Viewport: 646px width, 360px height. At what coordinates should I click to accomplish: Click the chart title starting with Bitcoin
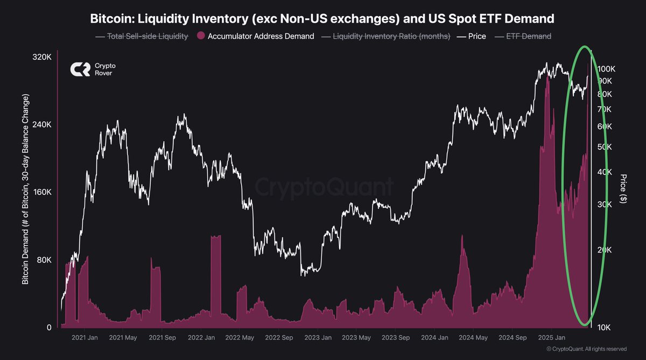tap(323, 19)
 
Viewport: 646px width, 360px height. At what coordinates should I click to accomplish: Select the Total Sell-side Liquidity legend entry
tap(142, 36)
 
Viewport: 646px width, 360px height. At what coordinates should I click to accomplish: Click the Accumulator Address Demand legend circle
tap(201, 36)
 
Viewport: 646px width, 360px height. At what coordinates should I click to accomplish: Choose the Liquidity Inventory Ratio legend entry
tap(385, 36)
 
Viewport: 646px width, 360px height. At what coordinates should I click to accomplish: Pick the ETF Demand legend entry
tap(523, 36)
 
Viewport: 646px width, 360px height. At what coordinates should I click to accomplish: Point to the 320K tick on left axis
tap(41, 57)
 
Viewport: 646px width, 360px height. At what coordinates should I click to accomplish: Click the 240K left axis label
tap(41, 124)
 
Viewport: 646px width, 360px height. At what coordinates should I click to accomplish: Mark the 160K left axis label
tap(41, 192)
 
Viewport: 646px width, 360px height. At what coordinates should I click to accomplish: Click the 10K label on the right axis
tap(605, 327)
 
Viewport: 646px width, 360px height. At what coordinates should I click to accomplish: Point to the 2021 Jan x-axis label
tap(85, 338)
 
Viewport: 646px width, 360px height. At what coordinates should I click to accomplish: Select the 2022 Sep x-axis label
tap(280, 338)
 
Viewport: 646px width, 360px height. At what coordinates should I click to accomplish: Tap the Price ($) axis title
tap(623, 188)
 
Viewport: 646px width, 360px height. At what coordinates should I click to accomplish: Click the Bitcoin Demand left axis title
tap(25, 188)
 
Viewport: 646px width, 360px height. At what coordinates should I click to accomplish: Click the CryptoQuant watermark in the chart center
tap(323, 187)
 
